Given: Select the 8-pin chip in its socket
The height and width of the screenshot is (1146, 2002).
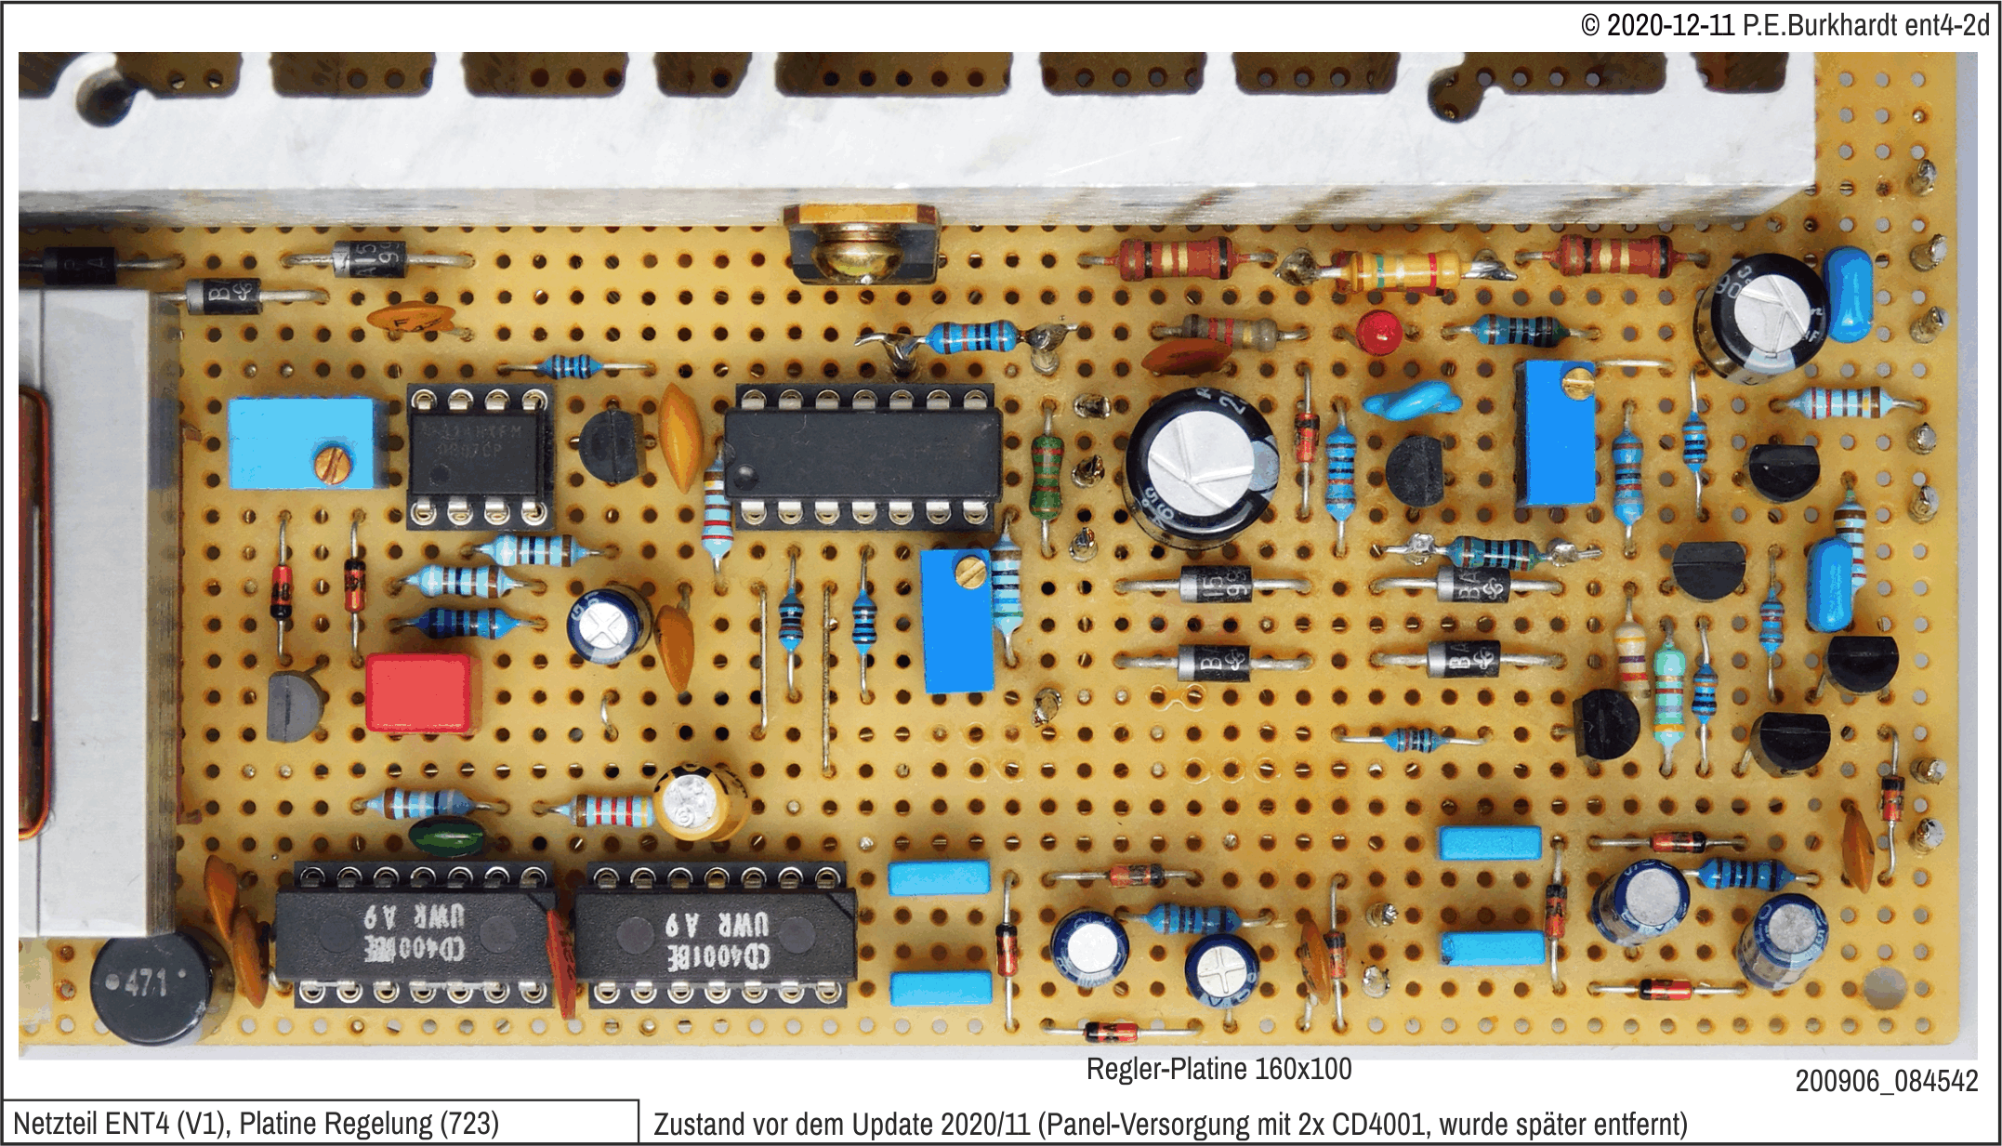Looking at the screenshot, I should tap(479, 454).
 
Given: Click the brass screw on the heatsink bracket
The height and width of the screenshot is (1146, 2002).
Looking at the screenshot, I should tap(860, 256).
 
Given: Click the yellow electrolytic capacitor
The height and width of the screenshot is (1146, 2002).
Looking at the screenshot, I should tap(699, 801).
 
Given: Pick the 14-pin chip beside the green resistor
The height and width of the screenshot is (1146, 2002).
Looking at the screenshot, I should tap(863, 455).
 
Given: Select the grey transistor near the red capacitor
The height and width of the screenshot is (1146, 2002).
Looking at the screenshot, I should tap(294, 706).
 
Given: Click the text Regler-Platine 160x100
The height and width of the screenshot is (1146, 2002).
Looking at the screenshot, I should tap(1218, 1070).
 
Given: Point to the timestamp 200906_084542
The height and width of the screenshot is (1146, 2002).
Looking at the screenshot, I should tap(1886, 1081).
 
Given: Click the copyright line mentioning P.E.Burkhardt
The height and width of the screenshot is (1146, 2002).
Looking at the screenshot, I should tap(1785, 25).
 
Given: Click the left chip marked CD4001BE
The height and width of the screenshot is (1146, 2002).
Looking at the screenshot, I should tap(415, 935).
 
